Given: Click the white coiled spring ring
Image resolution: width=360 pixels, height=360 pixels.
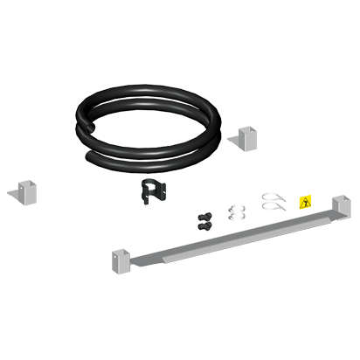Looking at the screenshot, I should (x=236, y=211).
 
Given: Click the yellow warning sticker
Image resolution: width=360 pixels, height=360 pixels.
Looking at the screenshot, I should (x=304, y=202).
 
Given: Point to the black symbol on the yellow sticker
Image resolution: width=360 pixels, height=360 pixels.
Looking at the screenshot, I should (x=304, y=202).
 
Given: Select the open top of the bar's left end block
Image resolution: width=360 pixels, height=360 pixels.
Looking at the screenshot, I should (x=121, y=252).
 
